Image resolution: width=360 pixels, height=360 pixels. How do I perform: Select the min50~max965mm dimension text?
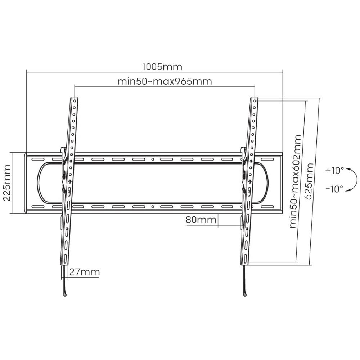point(165,81)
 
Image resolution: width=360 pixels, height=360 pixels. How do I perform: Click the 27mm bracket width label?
point(84,272)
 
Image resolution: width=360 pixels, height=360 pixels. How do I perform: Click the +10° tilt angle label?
point(334,171)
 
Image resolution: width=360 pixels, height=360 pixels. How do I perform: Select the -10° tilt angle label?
point(334,189)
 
